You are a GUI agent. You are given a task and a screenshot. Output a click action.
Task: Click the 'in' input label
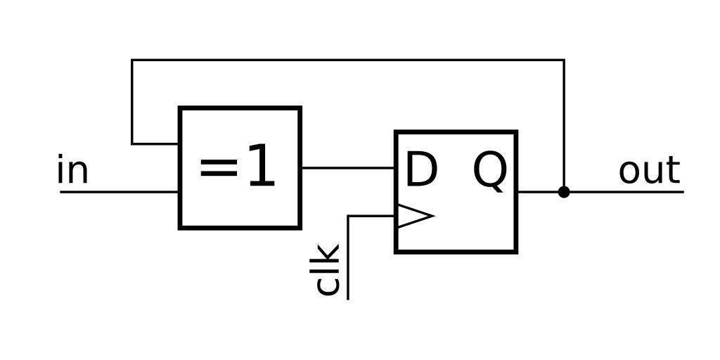pyautogui.click(x=72, y=171)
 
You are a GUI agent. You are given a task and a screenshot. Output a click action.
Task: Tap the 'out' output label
pyautogui.click(x=649, y=171)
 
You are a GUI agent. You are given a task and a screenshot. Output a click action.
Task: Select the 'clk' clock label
pyautogui.click(x=328, y=269)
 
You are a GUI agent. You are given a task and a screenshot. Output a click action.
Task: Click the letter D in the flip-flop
pyautogui.click(x=421, y=170)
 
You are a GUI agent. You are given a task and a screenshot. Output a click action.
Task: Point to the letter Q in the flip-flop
pyautogui.click(x=489, y=171)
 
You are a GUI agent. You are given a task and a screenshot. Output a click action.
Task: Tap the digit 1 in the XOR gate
pyautogui.click(x=259, y=167)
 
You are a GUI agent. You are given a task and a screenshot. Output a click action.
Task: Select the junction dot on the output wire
pyautogui.click(x=564, y=191)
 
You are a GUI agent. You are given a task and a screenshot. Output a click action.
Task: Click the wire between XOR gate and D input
pyautogui.click(x=347, y=168)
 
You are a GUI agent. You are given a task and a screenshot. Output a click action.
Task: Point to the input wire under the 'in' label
pyautogui.click(x=120, y=191)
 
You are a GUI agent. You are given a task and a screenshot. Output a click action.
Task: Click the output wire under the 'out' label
pyautogui.click(x=633, y=191)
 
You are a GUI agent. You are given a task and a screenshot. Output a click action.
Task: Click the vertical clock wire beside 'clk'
pyautogui.click(x=348, y=260)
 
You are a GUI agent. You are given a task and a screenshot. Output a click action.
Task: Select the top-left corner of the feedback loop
pyautogui.click(x=132, y=60)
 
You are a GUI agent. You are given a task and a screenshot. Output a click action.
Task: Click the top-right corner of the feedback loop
pyautogui.click(x=564, y=60)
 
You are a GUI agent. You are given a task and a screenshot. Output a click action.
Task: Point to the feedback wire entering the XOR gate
pyautogui.click(x=156, y=144)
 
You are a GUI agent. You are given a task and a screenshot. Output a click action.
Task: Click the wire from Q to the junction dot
pyautogui.click(x=540, y=191)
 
